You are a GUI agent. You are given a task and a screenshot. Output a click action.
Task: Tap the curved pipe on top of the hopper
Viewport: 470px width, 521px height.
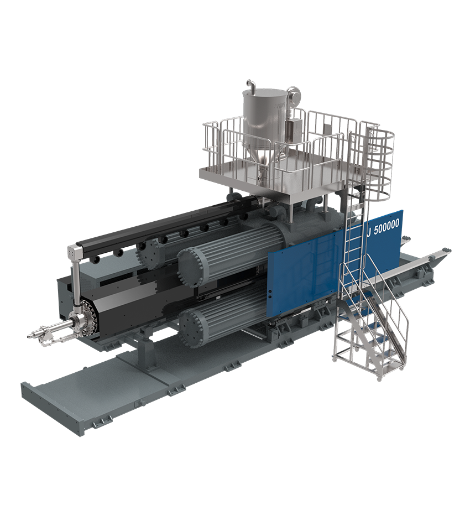coord(251,85)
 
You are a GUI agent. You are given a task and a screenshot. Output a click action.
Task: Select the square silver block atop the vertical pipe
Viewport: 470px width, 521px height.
coord(75,253)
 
